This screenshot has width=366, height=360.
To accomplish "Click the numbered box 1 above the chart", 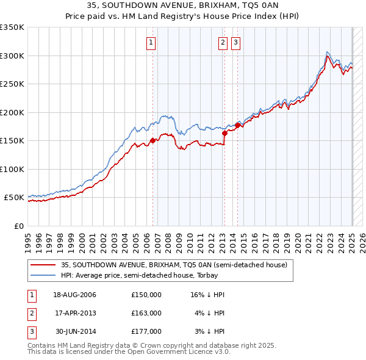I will [x=150, y=43].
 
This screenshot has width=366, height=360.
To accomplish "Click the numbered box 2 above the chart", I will [x=223, y=43].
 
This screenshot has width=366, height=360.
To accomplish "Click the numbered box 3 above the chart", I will [x=235, y=43].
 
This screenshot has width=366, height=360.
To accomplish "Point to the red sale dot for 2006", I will [x=152, y=140].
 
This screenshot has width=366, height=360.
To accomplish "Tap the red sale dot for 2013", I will [x=224, y=132].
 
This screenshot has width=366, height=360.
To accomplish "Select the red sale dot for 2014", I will [x=237, y=125].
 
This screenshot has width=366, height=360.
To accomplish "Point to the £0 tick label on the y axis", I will [x=18, y=226].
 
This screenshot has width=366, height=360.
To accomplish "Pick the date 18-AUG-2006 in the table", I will [x=74, y=295].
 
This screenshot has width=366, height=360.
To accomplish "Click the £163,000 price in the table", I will [x=146, y=313].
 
